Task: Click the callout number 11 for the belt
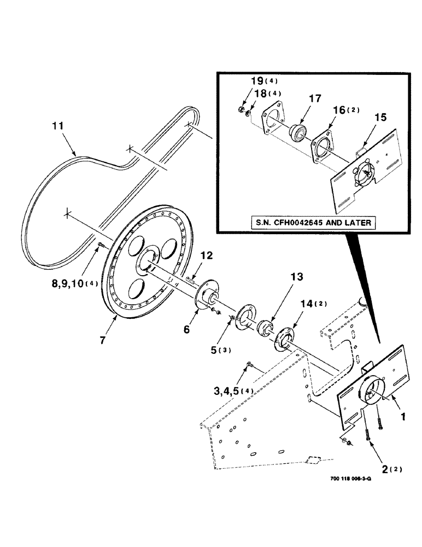pyautogui.click(x=58, y=126)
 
